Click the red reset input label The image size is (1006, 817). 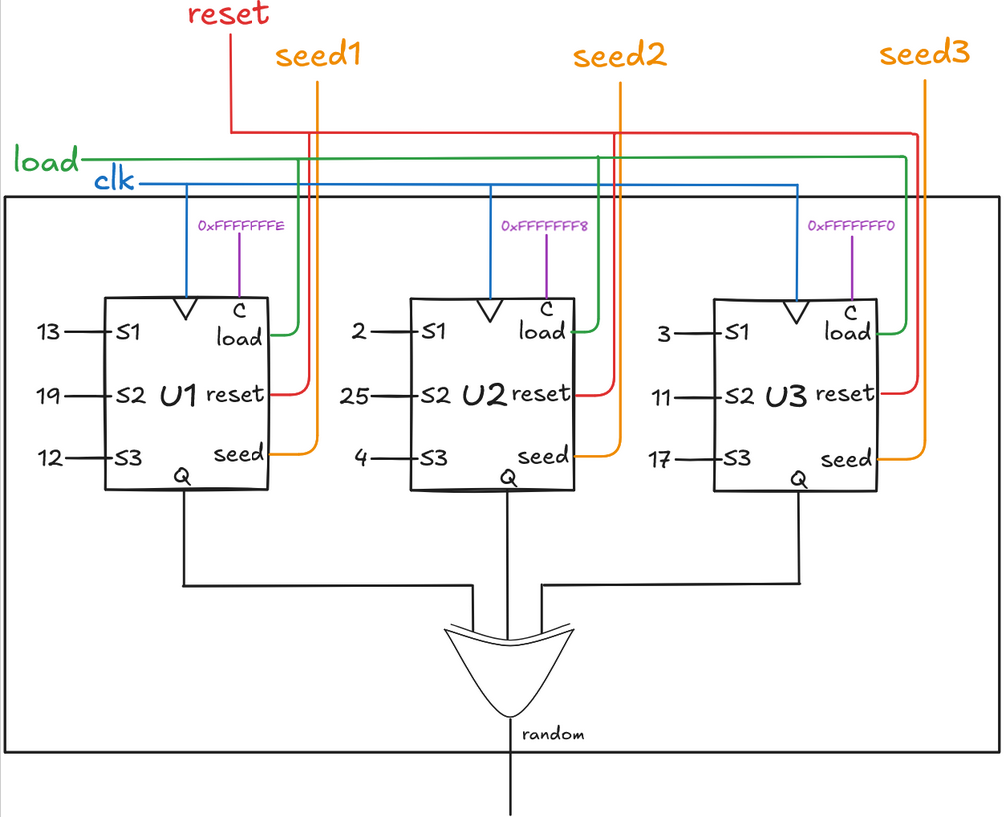click(229, 15)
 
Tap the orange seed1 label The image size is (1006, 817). click(317, 55)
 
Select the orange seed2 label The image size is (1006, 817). click(620, 56)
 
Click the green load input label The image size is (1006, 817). click(46, 160)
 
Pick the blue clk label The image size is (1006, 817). click(115, 182)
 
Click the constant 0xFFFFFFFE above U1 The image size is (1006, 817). click(242, 226)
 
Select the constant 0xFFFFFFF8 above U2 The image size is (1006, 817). click(545, 226)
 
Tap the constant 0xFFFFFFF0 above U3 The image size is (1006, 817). click(851, 226)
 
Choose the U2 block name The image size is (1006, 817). click(485, 395)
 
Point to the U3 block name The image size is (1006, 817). click(786, 396)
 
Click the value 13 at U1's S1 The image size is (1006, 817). click(48, 332)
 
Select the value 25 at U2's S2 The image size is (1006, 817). click(355, 397)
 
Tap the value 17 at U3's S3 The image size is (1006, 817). click(660, 460)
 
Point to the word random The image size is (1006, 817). click(552, 734)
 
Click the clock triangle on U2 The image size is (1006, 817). click(489, 310)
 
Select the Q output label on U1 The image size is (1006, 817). click(184, 478)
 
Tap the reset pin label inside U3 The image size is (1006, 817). click(844, 394)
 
